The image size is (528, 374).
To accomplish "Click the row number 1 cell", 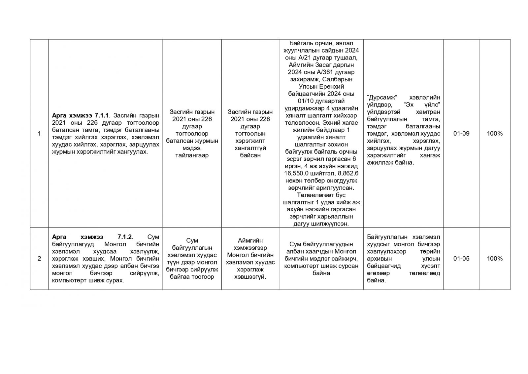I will click(x=39, y=134).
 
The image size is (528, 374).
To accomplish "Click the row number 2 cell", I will click(x=39, y=259).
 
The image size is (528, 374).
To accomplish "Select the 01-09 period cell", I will click(x=461, y=134).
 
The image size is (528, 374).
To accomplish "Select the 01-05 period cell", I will click(x=461, y=259).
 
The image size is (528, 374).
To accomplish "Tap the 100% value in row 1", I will click(x=494, y=134).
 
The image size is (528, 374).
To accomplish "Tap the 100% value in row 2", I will click(x=494, y=259).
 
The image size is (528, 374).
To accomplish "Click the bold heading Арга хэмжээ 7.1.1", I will click(x=82, y=115).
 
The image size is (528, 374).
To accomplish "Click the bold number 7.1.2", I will click(x=124, y=237).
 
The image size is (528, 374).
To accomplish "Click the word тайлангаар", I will click(x=192, y=155).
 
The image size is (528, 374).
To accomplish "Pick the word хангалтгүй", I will click(x=250, y=148).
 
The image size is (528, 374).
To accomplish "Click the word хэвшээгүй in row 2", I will click(x=250, y=277).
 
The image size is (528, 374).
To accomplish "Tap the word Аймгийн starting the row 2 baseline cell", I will click(x=250, y=241).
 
